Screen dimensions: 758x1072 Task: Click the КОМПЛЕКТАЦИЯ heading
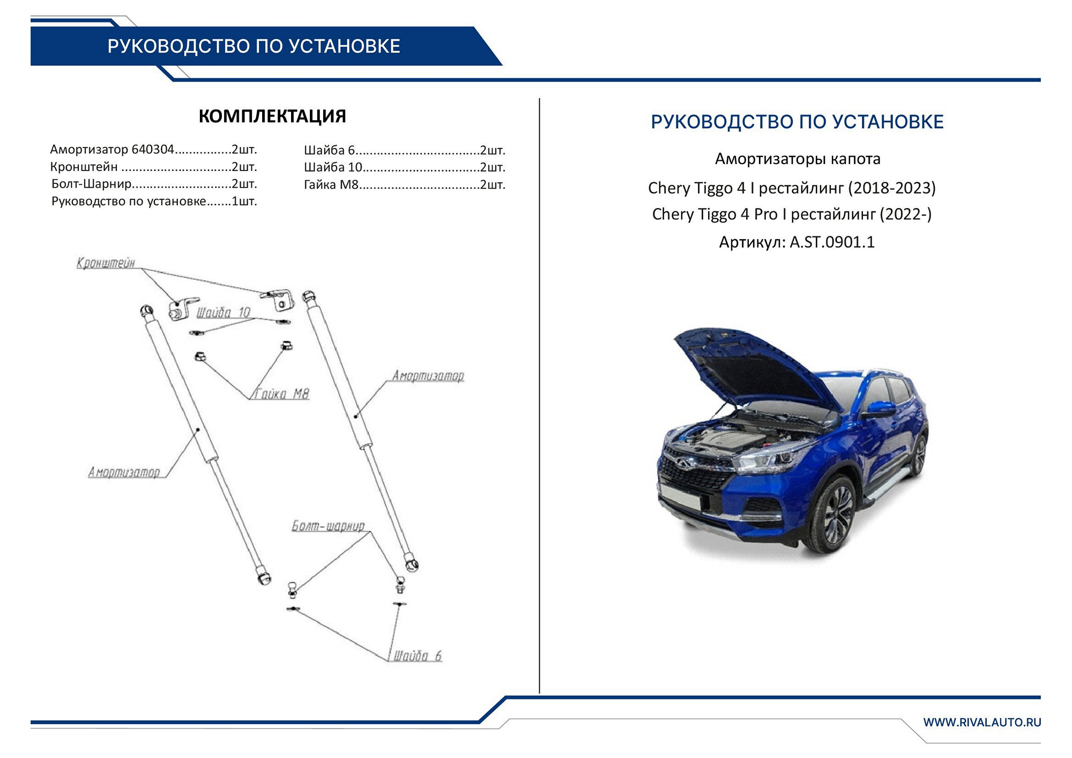pyautogui.click(x=272, y=116)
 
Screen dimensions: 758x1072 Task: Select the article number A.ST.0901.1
pyautogui.click(x=832, y=242)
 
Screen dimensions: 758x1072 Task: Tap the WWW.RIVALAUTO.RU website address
pyautogui.click(x=981, y=722)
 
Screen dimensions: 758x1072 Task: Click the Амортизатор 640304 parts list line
pyautogui.click(x=153, y=150)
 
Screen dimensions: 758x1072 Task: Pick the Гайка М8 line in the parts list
pyautogui.click(x=404, y=185)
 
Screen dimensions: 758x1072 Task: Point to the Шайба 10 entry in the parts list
pyautogui.click(x=404, y=167)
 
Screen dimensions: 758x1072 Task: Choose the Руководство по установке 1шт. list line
pyautogui.click(x=154, y=202)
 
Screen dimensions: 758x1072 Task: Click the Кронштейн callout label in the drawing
pyautogui.click(x=106, y=263)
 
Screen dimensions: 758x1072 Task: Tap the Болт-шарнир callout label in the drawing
pyautogui.click(x=328, y=526)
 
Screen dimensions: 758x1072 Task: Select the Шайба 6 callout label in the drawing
pyautogui.click(x=418, y=656)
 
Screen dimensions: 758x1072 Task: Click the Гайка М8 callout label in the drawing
pyautogui.click(x=281, y=395)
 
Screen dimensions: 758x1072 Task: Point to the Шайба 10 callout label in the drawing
pyautogui.click(x=223, y=313)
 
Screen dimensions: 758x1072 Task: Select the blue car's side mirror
pyautogui.click(x=879, y=410)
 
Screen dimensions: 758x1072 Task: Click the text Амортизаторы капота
pyautogui.click(x=798, y=159)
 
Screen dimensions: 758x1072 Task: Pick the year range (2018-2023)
pyautogui.click(x=892, y=188)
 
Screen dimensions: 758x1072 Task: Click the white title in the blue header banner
pyautogui.click(x=254, y=47)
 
